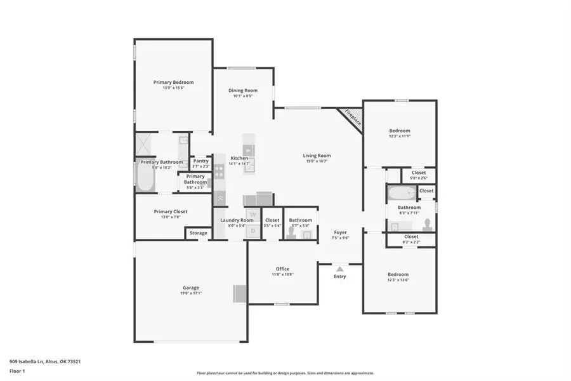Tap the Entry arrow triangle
point(340,269)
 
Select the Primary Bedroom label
point(173,82)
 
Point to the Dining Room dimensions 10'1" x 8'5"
point(243,97)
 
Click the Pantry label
point(201,161)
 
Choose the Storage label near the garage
point(199,233)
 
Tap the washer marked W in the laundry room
point(253,215)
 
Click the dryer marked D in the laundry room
point(253,231)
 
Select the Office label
point(283,269)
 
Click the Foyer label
point(341,232)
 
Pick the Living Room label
point(316,156)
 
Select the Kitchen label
point(239,158)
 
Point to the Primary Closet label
point(171,211)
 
